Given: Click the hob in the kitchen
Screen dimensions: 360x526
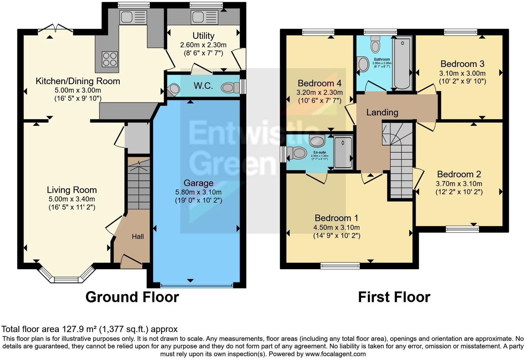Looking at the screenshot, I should tap(110, 59).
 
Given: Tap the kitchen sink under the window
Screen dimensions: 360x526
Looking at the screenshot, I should tap(133, 17).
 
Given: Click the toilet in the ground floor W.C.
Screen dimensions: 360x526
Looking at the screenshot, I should tap(230, 87).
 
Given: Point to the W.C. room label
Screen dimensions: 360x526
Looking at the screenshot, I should tap(203, 86).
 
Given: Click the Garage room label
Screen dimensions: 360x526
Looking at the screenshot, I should tap(198, 183).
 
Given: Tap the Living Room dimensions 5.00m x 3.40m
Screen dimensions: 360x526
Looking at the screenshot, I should tap(72, 199).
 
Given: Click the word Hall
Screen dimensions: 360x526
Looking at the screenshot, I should tap(138, 237).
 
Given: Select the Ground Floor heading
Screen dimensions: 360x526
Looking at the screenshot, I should tap(132, 297).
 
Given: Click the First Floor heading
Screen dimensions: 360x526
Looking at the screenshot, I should tap(394, 297).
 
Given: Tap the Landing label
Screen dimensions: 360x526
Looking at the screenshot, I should tap(382, 112).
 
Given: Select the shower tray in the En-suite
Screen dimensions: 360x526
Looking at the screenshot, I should tap(343, 153).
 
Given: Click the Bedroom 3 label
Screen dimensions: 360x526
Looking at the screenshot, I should tap(462, 64).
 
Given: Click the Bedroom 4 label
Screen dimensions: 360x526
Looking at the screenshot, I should tap(319, 83).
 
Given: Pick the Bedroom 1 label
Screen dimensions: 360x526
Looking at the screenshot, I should tap(336, 218).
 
